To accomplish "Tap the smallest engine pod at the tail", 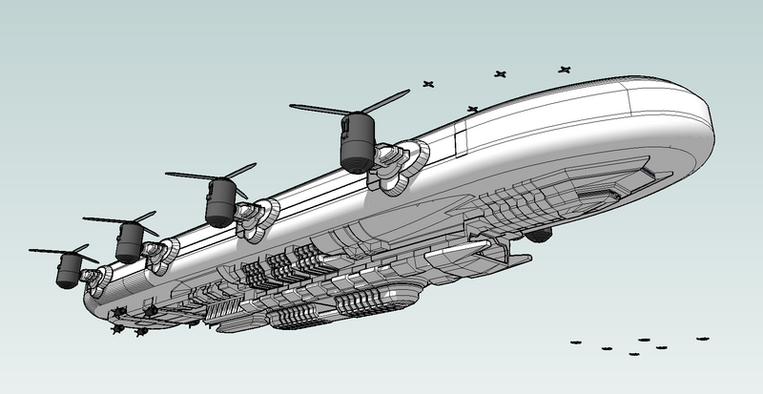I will [67, 271].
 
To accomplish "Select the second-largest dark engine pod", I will [220, 201].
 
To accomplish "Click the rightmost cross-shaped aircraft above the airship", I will [565, 70].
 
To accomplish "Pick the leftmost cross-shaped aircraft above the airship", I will [428, 83].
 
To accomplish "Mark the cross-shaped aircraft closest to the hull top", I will [473, 110].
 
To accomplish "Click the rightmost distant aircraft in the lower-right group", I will [703, 339].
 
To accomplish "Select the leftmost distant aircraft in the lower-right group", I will [575, 341].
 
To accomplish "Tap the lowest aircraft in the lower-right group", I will [634, 354].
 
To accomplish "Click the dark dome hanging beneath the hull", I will [540, 234].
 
